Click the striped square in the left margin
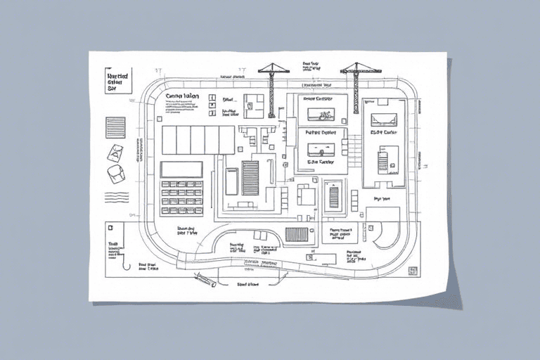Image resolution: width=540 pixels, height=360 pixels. point(115,127)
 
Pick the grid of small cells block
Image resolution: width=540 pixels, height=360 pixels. point(182,197)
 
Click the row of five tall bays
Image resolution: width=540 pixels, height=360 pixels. point(198,140)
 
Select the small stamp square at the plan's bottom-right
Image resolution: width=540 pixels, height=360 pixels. point(413,270)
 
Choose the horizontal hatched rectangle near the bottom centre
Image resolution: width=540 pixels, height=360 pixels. point(297,234)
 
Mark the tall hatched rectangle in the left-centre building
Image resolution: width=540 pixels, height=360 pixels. point(250,177)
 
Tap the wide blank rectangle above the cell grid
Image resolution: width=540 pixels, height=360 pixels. point(181,169)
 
